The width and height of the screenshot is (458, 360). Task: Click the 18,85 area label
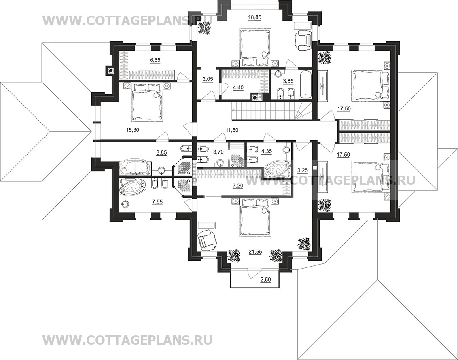coord(254,17)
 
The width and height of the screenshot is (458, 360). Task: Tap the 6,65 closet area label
coord(155,60)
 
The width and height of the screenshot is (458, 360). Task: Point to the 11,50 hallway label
coord(232,130)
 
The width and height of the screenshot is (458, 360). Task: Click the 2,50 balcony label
coord(265,280)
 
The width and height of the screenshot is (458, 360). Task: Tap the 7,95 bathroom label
coord(157,201)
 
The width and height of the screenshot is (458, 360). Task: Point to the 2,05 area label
coord(208,78)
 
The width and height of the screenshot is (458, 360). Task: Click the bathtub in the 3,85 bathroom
coord(305,84)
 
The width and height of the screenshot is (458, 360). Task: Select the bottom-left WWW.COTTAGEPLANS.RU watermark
coord(127,340)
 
